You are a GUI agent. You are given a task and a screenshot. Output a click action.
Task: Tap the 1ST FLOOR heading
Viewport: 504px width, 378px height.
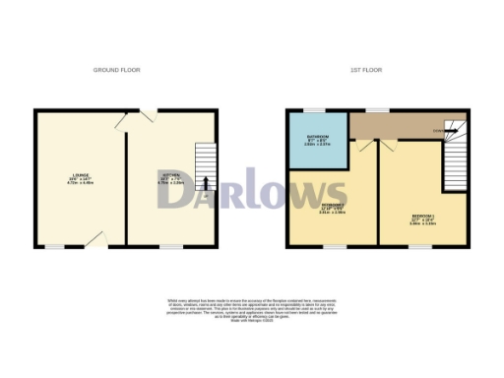click(x=365, y=70)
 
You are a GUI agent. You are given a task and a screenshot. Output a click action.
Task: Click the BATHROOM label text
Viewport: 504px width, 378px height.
click(x=316, y=139)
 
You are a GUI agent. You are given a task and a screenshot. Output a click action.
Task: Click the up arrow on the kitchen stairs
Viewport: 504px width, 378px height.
click(x=204, y=182)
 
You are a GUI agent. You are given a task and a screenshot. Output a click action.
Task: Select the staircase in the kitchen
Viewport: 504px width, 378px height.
click(x=203, y=167)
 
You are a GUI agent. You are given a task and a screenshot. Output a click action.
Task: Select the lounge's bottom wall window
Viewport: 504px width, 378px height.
click(x=54, y=247)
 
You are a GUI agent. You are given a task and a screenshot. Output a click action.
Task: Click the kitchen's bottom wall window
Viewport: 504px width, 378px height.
click(x=171, y=247)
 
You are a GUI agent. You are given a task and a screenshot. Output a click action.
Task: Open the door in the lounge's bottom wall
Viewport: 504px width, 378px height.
click(x=95, y=240)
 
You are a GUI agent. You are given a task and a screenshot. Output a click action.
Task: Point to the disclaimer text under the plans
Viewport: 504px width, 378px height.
click(x=251, y=306)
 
